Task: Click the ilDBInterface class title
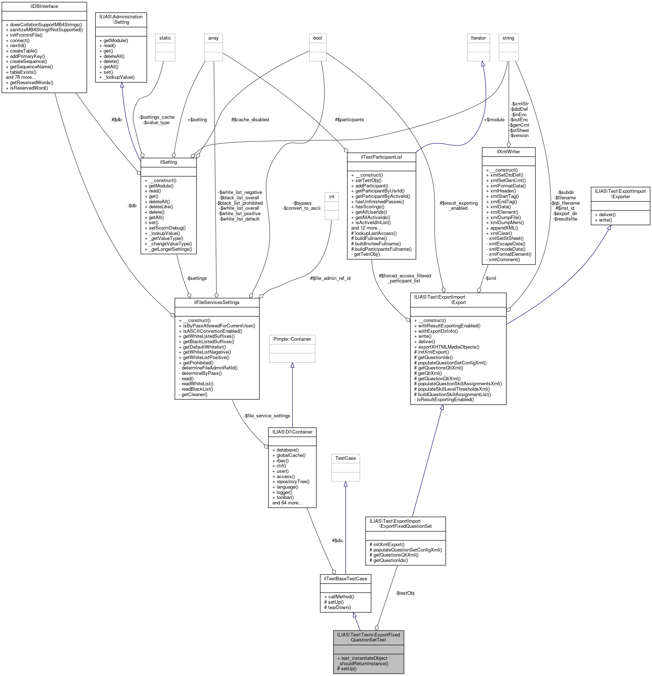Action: coord(44,6)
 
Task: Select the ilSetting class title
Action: coord(168,162)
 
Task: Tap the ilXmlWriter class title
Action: coord(508,151)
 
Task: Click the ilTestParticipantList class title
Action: coord(381,157)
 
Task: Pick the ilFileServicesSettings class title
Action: coord(217,302)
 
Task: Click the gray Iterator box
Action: coord(478,38)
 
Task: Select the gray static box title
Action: coord(165,38)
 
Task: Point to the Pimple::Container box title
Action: coord(292,339)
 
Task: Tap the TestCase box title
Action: coord(345,458)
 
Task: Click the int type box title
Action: coord(331,196)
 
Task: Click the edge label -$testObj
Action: coord(405,593)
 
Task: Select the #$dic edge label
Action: coord(338,540)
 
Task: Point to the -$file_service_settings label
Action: coord(267,416)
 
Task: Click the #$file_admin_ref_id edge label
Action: coord(330,278)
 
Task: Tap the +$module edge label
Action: coord(494,119)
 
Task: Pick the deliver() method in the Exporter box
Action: coord(607,214)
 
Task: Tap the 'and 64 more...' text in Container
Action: coord(287,503)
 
